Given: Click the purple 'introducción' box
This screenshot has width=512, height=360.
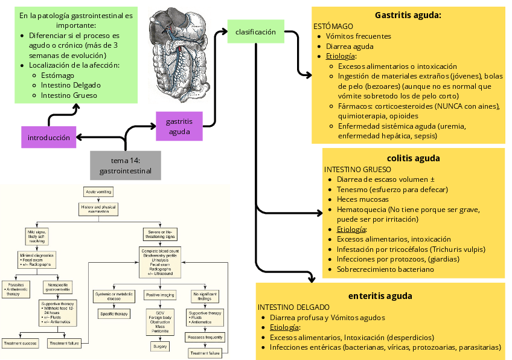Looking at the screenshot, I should tap(49, 137).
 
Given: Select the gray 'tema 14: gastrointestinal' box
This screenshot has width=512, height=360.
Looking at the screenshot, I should tap(126, 166).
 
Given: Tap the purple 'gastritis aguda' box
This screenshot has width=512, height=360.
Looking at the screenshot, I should tap(178, 126).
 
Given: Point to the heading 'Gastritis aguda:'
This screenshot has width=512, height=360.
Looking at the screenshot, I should tap(408, 15).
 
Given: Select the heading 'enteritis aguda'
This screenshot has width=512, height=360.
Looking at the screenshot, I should tap(380, 296).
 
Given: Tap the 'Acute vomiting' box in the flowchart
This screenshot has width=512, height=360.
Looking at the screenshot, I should tap(99, 191).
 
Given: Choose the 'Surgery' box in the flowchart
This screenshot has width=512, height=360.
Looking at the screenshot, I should tap(159, 347).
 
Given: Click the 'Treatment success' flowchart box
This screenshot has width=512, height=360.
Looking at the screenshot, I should tap(21, 343).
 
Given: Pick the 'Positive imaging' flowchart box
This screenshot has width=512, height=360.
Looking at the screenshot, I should tap(160, 295).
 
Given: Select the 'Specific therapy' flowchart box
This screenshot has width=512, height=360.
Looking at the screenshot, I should tap(114, 314).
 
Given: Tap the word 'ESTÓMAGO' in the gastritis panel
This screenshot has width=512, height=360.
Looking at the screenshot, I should tap(333, 27).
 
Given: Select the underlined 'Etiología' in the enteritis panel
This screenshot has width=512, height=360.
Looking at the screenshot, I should tap(284, 327).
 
